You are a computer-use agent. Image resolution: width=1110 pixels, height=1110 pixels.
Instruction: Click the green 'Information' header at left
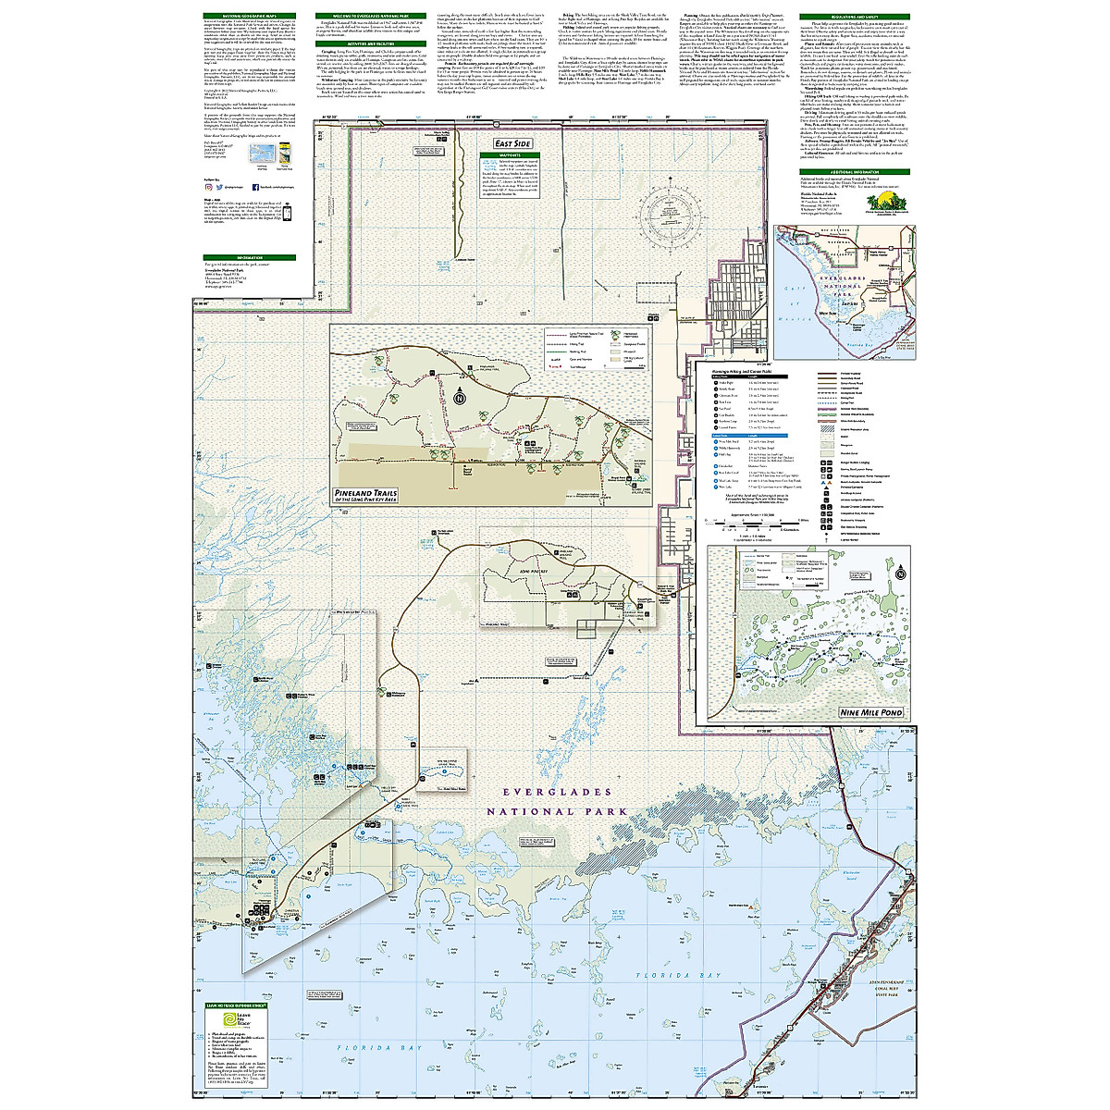pyautogui.click(x=250, y=257)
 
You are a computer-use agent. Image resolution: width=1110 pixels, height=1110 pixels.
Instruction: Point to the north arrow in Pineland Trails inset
pyautogui.click(x=460, y=398)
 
